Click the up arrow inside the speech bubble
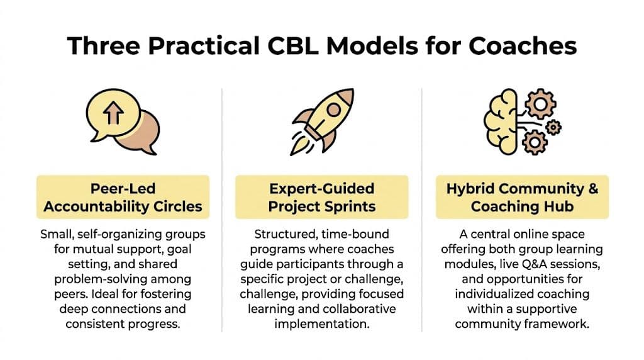(114, 113)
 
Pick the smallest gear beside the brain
(553, 127)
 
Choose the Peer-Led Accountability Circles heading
(122, 197)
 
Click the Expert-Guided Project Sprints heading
(321, 197)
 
